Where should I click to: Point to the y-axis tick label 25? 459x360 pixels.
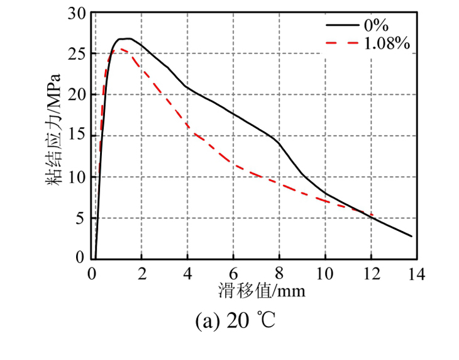[x=76, y=54]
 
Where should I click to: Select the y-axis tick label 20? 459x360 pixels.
[x=76, y=95]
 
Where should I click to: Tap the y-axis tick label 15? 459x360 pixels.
[x=76, y=136]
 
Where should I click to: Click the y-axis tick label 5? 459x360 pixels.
[x=80, y=218]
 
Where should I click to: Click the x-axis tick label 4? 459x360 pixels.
[x=187, y=274]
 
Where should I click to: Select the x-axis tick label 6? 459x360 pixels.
[x=233, y=274]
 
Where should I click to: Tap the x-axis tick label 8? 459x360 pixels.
[x=279, y=274]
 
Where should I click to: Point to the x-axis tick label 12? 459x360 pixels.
[x=371, y=274]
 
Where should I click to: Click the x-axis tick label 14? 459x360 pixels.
[x=417, y=274]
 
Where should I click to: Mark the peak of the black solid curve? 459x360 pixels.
[x=126, y=38]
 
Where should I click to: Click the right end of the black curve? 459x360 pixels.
[x=412, y=237]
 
